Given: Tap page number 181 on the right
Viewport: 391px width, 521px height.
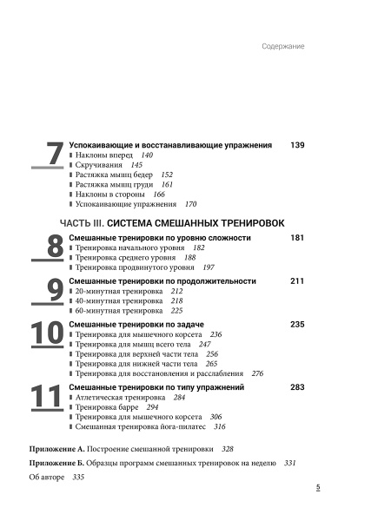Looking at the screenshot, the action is [x=297, y=237].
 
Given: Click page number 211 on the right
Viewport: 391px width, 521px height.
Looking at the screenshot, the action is [x=297, y=281].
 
